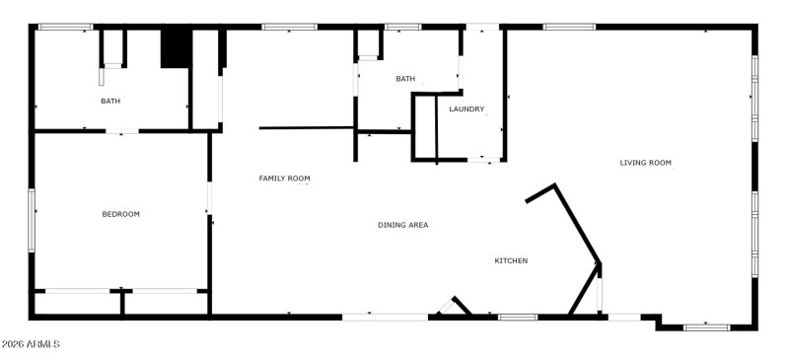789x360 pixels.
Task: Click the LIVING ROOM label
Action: (645, 163)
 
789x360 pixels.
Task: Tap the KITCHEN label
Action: (511, 260)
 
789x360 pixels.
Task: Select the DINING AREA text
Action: (402, 225)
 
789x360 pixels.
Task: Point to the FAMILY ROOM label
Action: (284, 179)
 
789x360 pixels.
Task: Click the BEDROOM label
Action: (121, 214)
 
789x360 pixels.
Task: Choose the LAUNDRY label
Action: (466, 109)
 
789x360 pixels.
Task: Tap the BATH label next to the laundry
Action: (405, 79)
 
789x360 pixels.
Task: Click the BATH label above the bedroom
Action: (109, 101)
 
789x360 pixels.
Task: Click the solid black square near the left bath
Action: (175, 48)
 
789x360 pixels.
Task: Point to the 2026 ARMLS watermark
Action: (31, 344)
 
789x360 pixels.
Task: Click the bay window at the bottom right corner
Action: (706, 325)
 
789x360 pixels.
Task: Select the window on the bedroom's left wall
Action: (32, 215)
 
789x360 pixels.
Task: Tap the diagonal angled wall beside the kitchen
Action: (578, 223)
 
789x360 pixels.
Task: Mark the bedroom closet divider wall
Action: (121, 304)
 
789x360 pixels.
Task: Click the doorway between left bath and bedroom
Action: (121, 130)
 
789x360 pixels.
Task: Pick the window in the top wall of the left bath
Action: (64, 27)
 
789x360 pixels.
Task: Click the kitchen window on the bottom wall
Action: (517, 317)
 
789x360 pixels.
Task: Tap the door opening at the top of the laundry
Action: (482, 27)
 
